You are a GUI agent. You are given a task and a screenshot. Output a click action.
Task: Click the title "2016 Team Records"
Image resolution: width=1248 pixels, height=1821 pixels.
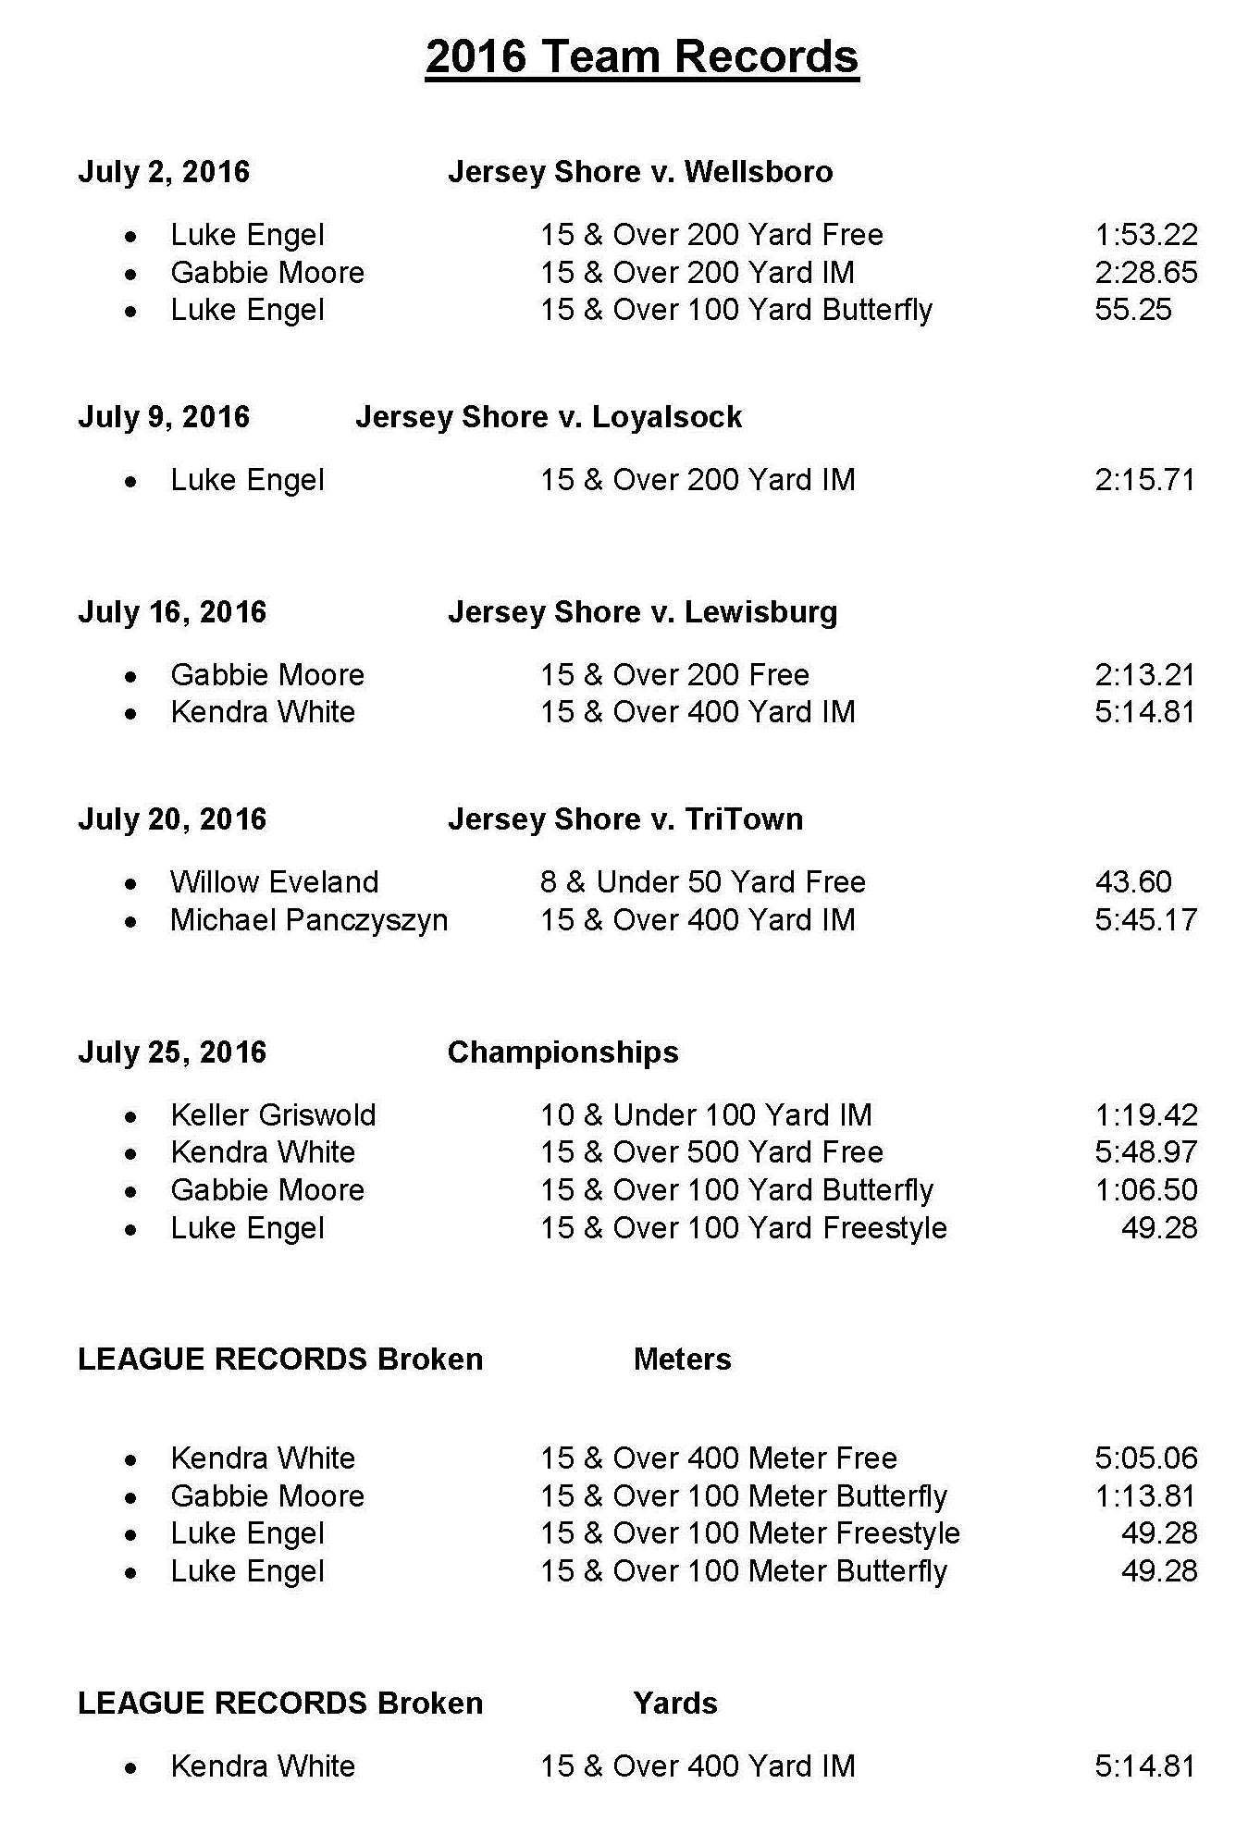pyautogui.click(x=642, y=57)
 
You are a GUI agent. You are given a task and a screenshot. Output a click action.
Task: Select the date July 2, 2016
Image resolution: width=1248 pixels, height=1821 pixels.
pyautogui.click(x=164, y=172)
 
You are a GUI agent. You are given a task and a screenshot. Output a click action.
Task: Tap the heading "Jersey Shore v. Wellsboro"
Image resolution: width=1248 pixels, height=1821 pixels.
pyautogui.click(x=640, y=172)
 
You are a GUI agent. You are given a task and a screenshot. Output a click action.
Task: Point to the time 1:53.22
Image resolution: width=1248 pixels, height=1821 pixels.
pyautogui.click(x=1145, y=235)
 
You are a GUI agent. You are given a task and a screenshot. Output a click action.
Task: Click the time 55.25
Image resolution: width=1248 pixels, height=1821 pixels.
pyautogui.click(x=1133, y=310)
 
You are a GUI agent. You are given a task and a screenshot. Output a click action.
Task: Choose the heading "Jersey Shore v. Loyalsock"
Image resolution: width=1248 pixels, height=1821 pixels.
pyautogui.click(x=549, y=417)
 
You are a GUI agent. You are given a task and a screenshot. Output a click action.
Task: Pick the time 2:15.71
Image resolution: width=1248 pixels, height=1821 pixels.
pyautogui.click(x=1145, y=480)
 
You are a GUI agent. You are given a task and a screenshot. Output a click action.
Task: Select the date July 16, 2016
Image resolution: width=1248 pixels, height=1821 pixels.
pyautogui.click(x=172, y=612)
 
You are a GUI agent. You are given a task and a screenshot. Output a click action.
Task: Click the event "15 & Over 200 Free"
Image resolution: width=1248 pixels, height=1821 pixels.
pyautogui.click(x=674, y=675)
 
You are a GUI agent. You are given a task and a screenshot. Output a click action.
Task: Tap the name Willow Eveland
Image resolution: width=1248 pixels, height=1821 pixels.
pyautogui.click(x=274, y=882)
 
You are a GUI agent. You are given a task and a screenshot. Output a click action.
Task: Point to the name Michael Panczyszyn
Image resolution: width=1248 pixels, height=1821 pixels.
pyautogui.click(x=309, y=920)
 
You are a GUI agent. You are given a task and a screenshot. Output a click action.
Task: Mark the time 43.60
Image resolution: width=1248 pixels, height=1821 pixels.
pyautogui.click(x=1133, y=882)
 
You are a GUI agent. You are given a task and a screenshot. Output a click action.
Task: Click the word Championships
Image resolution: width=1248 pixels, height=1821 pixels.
pyautogui.click(x=562, y=1052)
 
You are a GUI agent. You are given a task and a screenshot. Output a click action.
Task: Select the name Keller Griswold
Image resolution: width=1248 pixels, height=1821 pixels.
pyautogui.click(x=273, y=1115)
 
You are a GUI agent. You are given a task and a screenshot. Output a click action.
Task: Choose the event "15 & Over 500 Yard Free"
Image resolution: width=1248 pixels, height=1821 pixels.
pyautogui.click(x=711, y=1152)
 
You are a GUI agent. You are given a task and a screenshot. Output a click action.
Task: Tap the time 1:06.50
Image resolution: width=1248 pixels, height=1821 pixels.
pyautogui.click(x=1145, y=1190)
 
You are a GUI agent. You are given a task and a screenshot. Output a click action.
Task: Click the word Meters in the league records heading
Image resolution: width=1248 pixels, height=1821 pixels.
pyautogui.click(x=682, y=1360)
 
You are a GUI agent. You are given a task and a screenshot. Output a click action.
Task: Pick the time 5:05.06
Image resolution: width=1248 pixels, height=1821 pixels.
pyautogui.click(x=1145, y=1458)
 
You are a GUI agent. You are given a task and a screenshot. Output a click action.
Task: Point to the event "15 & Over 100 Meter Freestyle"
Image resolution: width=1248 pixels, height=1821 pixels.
pyautogui.click(x=749, y=1533)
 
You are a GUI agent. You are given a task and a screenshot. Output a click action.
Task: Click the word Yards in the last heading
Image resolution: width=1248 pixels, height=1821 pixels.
pyautogui.click(x=675, y=1704)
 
